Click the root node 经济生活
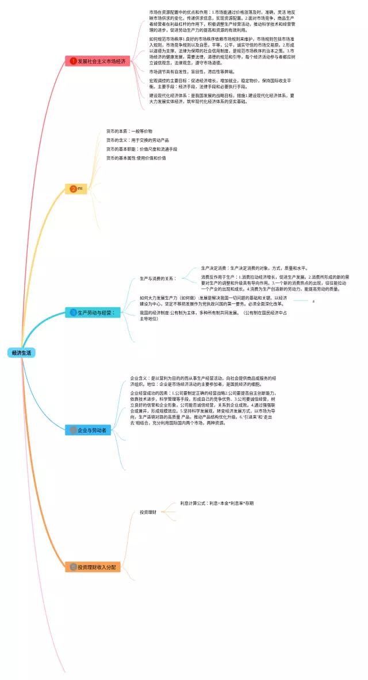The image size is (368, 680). pyautogui.click(x=21, y=353)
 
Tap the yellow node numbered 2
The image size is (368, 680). pyautogui.click(x=76, y=188)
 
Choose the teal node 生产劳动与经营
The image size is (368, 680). pyautogui.click(x=95, y=312)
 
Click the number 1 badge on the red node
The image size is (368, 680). pyautogui.click(x=74, y=61)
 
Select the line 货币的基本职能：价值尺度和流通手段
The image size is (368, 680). pyautogui.click(x=141, y=149)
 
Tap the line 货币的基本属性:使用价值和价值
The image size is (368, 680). pyautogui.click(x=136, y=157)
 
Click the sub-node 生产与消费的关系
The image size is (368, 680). pyautogui.click(x=159, y=279)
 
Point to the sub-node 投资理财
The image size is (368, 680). pyautogui.click(x=148, y=512)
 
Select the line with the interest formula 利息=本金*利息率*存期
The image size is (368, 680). pyautogui.click(x=217, y=503)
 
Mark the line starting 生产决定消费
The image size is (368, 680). pyautogui.click(x=254, y=268)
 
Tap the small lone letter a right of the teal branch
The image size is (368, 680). pyautogui.click(x=313, y=300)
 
